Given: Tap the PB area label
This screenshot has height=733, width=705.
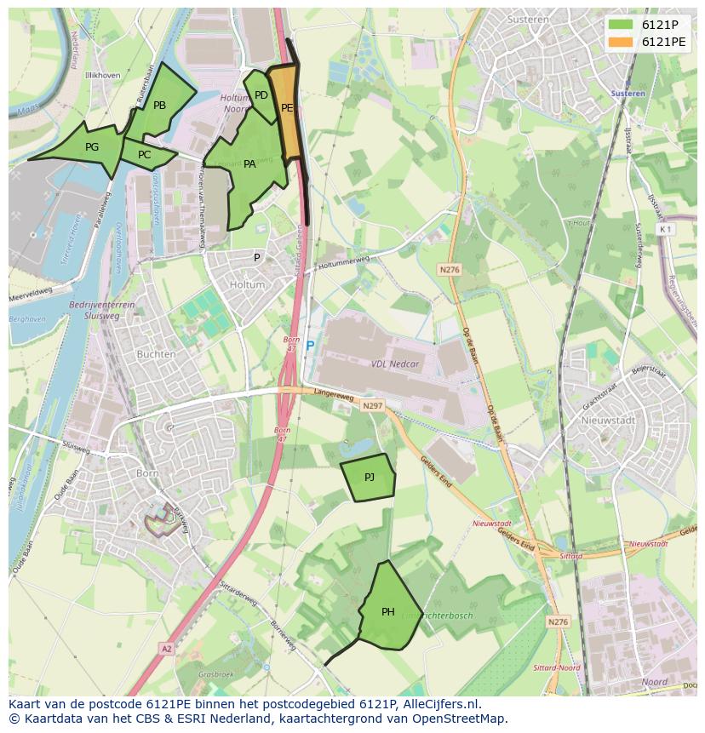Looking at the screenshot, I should (159, 106).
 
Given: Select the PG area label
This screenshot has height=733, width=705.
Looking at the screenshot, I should (92, 146).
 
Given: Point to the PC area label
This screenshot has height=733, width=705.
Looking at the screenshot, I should (144, 155).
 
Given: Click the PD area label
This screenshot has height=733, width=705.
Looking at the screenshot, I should (261, 95).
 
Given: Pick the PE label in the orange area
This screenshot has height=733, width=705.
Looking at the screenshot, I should (287, 108).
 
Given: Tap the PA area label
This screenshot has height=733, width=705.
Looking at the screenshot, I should (249, 164).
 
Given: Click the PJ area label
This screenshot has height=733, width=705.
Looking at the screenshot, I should (369, 478).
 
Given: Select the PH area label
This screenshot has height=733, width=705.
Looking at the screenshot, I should (388, 611).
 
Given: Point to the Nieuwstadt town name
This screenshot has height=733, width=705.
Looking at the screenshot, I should (603, 421).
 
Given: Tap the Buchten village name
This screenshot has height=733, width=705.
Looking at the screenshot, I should (156, 354).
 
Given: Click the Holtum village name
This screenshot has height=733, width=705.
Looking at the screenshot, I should (247, 285).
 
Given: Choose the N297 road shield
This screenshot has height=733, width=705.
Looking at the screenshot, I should (372, 406).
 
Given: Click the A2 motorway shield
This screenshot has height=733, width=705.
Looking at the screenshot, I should (166, 649).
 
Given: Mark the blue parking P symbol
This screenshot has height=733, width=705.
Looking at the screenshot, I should (310, 346).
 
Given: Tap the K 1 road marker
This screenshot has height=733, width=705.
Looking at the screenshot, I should (665, 229).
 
